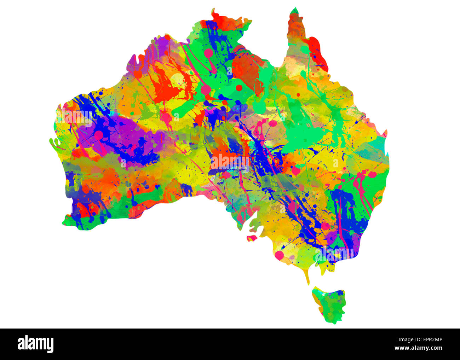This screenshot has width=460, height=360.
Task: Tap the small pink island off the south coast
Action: [252, 238]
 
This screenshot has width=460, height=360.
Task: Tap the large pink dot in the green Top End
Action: [209, 53]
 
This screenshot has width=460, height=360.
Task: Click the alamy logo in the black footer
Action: [35, 344]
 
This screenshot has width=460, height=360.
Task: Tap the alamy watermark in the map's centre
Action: [230, 161]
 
